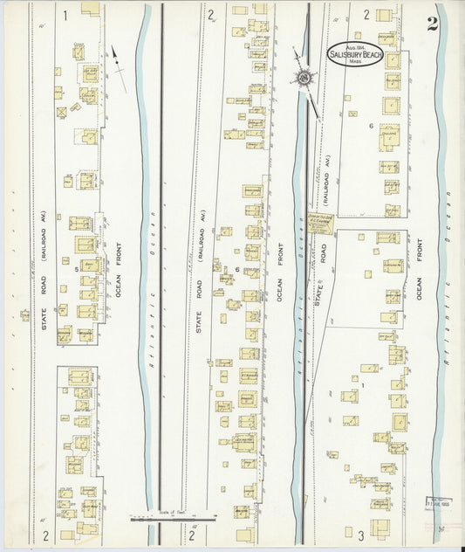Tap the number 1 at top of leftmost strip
(65, 15)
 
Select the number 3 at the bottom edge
(359, 533)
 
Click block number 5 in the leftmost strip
(77, 270)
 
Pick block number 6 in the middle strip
(236, 269)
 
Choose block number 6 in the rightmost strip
(371, 126)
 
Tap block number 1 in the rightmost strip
(360, 383)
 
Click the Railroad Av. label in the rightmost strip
(330, 172)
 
